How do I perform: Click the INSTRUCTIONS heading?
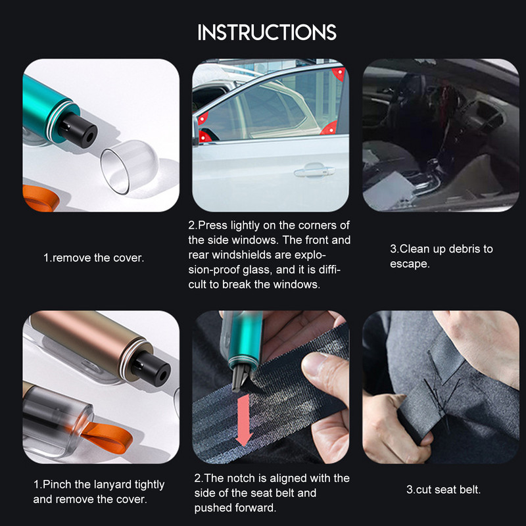tap(266, 32)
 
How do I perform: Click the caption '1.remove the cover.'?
tap(93, 258)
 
